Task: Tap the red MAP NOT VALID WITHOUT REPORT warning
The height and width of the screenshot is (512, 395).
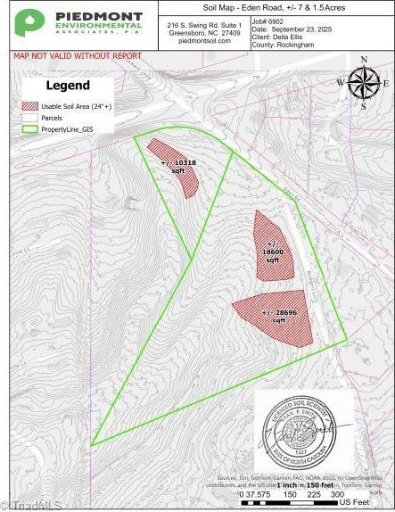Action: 77,55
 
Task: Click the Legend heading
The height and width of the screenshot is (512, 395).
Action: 68,86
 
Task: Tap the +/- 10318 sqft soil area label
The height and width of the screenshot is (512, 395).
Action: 178,166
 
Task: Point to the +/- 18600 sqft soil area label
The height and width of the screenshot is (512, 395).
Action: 274,252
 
